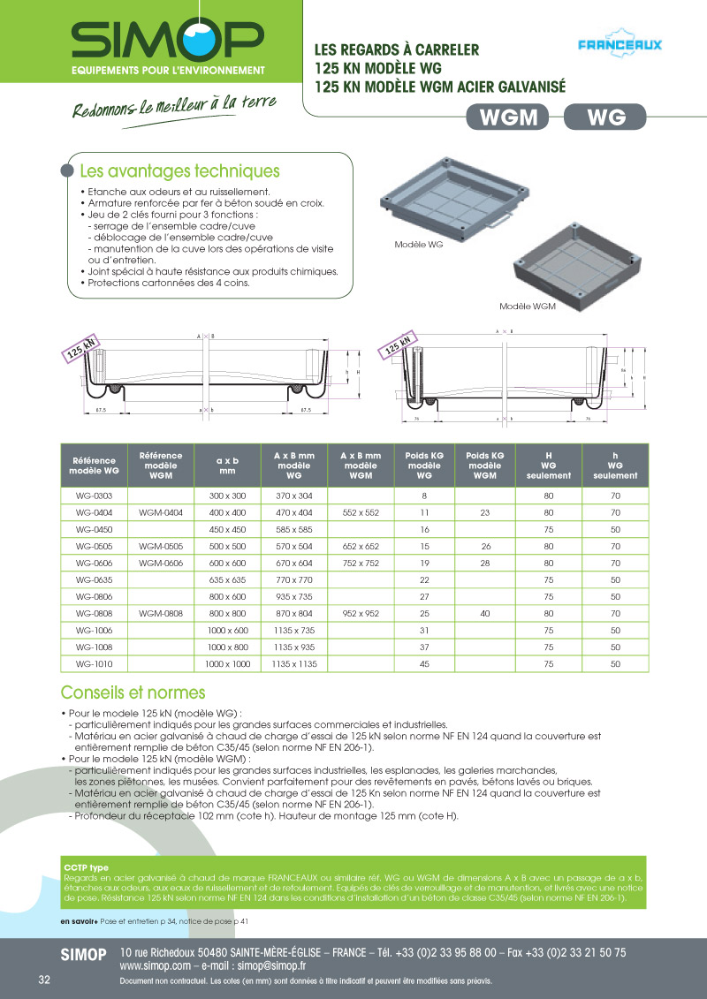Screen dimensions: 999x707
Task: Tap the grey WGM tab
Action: click(507, 117)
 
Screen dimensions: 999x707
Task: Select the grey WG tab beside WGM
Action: click(605, 117)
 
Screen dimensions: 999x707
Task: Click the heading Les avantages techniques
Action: click(179, 171)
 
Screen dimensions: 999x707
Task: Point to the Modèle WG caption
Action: click(418, 244)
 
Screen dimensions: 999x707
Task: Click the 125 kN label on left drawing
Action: click(80, 351)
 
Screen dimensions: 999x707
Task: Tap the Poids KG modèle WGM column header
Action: click(485, 465)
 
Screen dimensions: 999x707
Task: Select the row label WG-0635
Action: click(93, 579)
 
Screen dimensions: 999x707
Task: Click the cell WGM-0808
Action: click(161, 613)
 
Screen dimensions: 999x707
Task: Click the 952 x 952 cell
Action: click(360, 613)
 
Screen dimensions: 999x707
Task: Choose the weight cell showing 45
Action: click(424, 663)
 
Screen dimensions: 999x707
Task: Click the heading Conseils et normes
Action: click(133, 692)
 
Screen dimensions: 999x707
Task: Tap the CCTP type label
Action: click(86, 867)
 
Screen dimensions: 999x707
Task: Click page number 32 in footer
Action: click(44, 981)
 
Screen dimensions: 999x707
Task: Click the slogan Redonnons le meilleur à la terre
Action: click(173, 106)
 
